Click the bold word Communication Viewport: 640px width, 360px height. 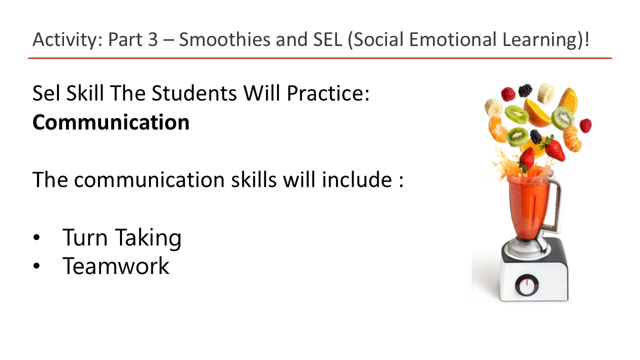point(110,122)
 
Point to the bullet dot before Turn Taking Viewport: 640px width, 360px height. point(36,238)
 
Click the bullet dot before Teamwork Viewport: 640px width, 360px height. point(36,266)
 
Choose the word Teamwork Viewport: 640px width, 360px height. point(115,265)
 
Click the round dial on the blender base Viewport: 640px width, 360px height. point(526,285)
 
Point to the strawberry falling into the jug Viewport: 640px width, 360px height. point(526,159)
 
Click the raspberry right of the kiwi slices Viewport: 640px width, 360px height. point(585,125)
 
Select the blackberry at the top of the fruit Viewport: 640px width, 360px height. point(525,90)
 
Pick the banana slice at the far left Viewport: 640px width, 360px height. point(493,107)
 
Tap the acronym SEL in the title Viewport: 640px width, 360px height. point(321,39)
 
